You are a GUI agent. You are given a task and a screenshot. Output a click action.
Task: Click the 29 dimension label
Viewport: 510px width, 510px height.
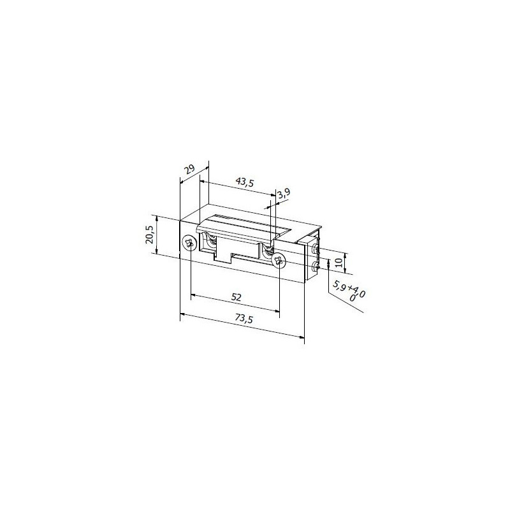(x=189, y=170)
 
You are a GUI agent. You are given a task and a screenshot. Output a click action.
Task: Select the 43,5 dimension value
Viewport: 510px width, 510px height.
(x=244, y=182)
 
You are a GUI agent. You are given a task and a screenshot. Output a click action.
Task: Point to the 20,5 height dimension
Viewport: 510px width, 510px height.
(x=149, y=234)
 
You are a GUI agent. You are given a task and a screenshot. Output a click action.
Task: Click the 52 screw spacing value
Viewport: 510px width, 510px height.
(x=237, y=296)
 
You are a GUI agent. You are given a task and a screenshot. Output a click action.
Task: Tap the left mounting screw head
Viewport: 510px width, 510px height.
(x=189, y=243)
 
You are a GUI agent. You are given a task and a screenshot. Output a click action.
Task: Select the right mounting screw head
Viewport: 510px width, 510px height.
(x=278, y=260)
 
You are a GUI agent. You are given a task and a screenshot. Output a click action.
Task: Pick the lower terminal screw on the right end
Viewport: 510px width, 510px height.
(x=315, y=268)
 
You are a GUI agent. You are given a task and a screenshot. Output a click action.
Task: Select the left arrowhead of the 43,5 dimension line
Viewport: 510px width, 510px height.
(x=203, y=180)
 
